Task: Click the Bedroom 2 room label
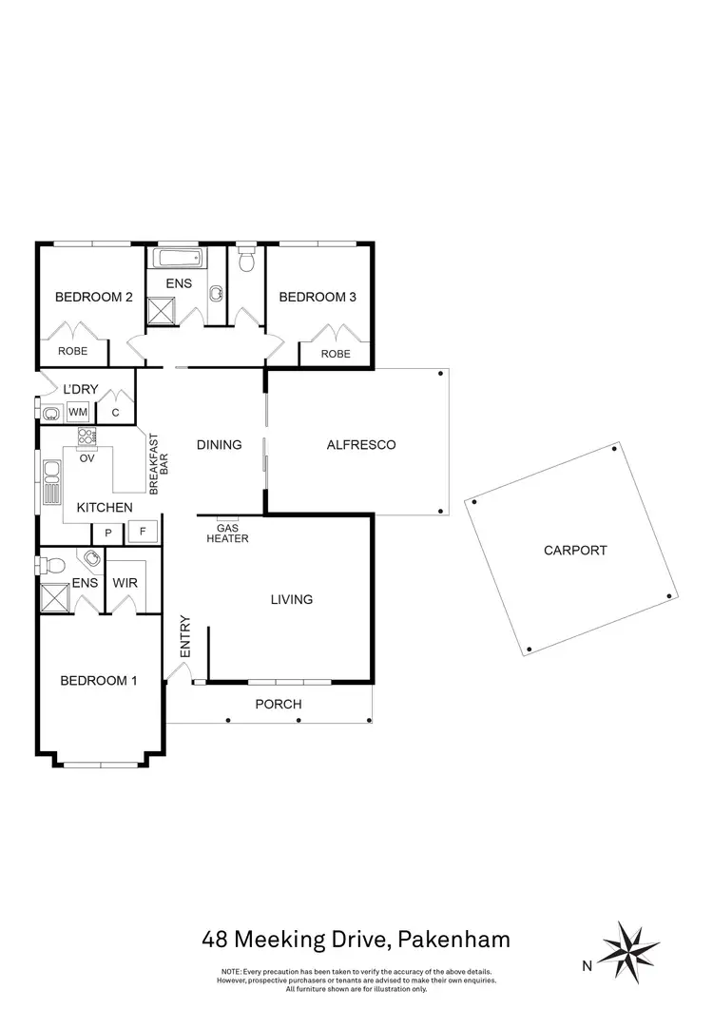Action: [x=93, y=297]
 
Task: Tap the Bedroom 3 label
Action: [x=317, y=297]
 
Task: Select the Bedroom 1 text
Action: [x=99, y=680]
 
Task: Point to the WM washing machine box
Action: [x=77, y=412]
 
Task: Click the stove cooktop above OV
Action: [x=87, y=437]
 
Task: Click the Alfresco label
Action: [x=360, y=444]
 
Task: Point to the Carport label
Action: [x=574, y=550]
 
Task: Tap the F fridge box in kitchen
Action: [x=144, y=533]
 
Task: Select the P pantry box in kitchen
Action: [x=108, y=533]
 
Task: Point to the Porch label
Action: [x=279, y=704]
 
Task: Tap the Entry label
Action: [x=185, y=637]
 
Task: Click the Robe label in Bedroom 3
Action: [x=335, y=354]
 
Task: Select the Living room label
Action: [x=291, y=599]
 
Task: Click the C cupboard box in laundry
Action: [x=115, y=412]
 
